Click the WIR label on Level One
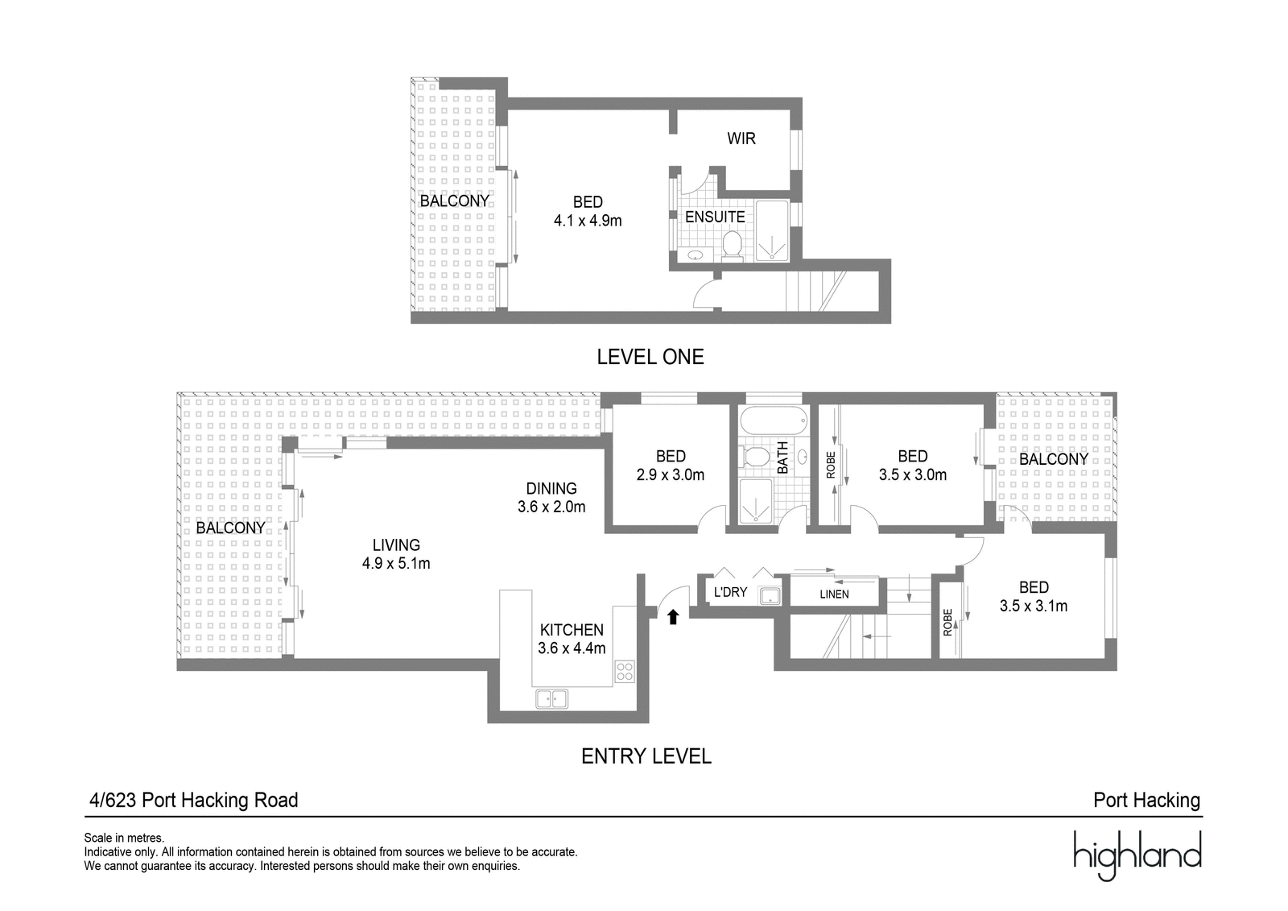click(x=741, y=139)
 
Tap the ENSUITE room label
click(x=715, y=217)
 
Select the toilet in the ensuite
click(x=732, y=244)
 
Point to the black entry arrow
click(x=673, y=617)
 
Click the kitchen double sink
click(x=552, y=698)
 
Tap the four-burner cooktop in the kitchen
click(x=625, y=672)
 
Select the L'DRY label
click(x=730, y=592)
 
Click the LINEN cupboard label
click(x=834, y=594)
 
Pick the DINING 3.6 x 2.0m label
click(x=551, y=498)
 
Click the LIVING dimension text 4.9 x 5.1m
click(x=396, y=563)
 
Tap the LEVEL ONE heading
click(x=650, y=357)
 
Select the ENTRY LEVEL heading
click(x=646, y=756)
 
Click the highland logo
click(x=1137, y=855)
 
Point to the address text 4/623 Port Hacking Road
click(x=194, y=800)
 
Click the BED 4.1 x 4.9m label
click(x=588, y=211)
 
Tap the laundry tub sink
click(x=770, y=596)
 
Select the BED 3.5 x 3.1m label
click(x=1034, y=597)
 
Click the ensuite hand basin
click(x=696, y=255)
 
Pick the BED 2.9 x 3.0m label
click(x=671, y=466)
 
